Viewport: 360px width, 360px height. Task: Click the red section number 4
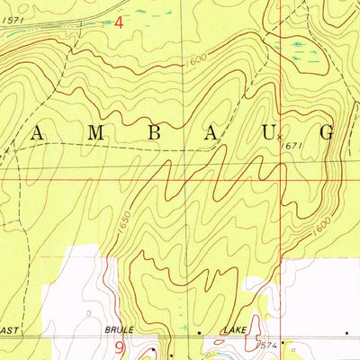click(x=119, y=23)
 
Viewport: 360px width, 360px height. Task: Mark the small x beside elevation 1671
click(x=279, y=137)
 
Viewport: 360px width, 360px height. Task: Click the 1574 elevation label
click(x=265, y=346)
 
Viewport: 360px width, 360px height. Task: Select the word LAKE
click(x=236, y=331)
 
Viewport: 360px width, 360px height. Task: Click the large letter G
click(x=328, y=132)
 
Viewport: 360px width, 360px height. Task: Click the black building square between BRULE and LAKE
click(x=200, y=332)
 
